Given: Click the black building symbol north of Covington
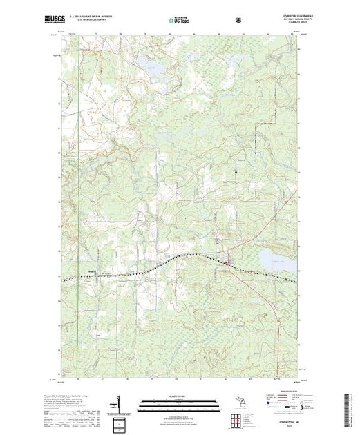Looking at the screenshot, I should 236,170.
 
